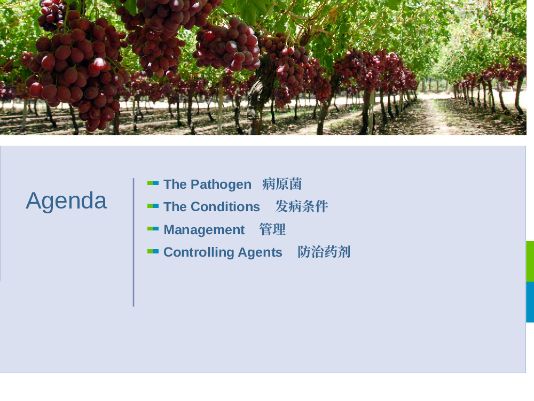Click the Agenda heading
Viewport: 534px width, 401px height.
66,201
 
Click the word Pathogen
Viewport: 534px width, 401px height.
221,185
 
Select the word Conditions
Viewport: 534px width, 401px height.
225,206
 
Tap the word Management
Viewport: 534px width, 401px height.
204,230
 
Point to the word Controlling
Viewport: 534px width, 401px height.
199,253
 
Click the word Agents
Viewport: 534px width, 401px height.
260,253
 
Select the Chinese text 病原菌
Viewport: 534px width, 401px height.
282,184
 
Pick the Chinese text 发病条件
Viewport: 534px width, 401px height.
302,206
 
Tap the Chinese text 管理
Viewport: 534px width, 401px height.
272,229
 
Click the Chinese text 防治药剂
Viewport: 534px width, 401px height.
324,252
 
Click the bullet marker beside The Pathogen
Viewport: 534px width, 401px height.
153,183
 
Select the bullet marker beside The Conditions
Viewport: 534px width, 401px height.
153,206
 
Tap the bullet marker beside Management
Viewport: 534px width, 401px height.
153,229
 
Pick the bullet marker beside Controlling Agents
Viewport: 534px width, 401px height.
153,251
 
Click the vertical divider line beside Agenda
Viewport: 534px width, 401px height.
133,242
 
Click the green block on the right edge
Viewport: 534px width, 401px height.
530,261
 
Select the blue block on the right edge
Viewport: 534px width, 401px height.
530,302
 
